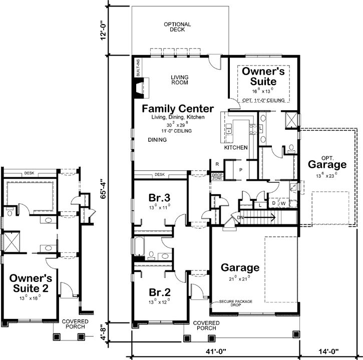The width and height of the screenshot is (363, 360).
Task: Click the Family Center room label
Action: pos(178,109)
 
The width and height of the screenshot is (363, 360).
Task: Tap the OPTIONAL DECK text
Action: pos(177,27)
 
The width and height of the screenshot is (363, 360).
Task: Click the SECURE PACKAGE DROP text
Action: pos(235,303)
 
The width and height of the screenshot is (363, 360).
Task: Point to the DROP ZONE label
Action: pos(216,176)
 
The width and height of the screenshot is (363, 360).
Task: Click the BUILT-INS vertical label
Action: pos(138,67)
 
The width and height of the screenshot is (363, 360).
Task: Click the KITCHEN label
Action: pos(235,148)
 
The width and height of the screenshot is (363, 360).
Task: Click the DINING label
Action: pos(157,140)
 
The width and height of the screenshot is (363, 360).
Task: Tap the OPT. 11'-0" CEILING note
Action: pos(263,100)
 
